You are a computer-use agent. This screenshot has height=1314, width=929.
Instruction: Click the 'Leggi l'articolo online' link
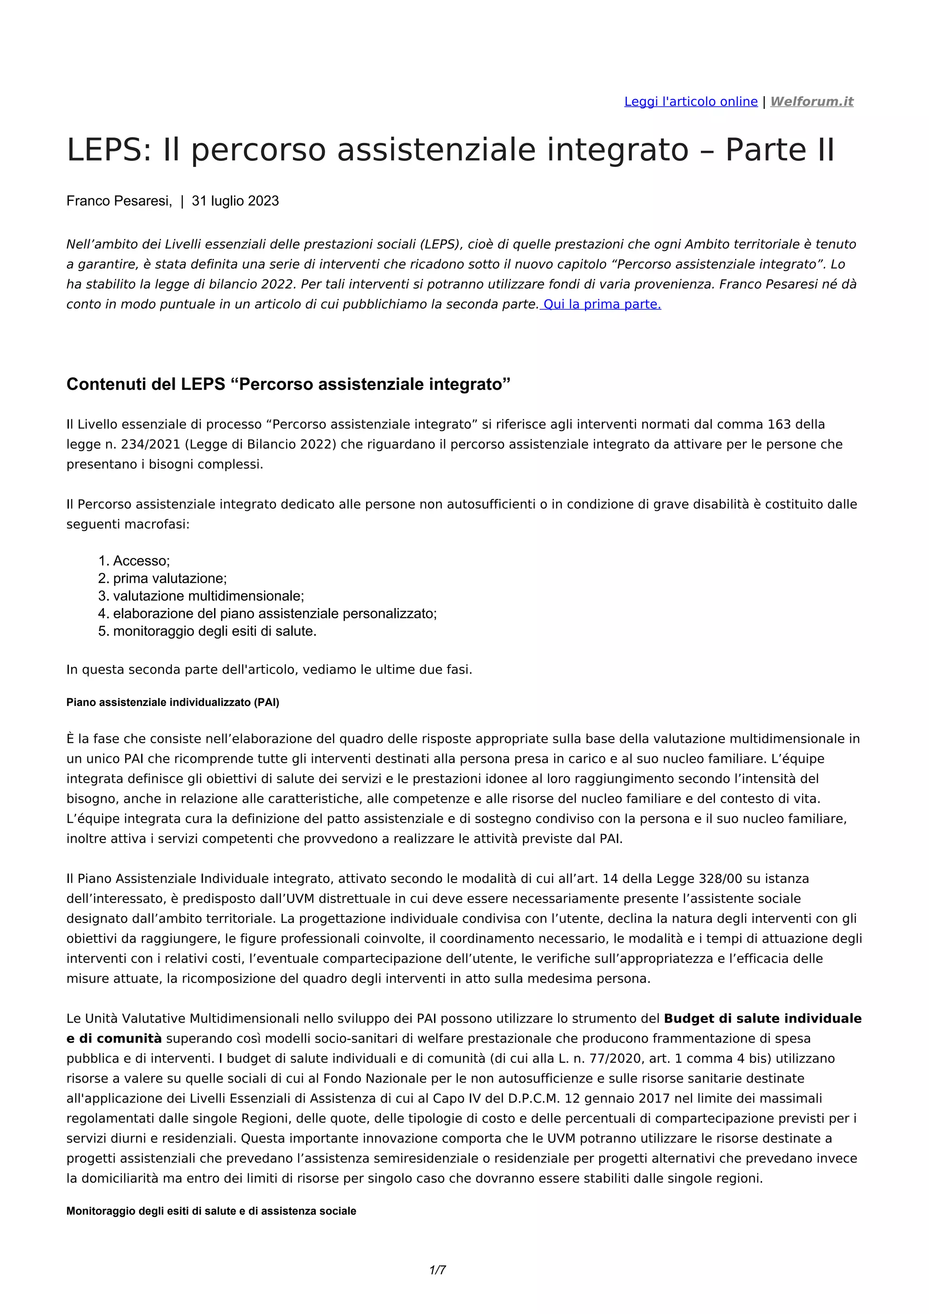(690, 102)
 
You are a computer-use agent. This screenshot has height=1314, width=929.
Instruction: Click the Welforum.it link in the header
(811, 102)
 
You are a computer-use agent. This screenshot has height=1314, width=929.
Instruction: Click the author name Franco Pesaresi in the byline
(118, 201)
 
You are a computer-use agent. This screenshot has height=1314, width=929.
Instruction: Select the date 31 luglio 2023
(235, 201)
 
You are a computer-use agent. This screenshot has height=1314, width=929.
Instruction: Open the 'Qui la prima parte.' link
(601, 304)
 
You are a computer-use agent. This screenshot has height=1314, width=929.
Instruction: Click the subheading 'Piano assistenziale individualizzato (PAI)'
(173, 703)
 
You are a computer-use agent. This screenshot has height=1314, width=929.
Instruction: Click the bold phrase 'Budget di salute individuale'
(762, 1019)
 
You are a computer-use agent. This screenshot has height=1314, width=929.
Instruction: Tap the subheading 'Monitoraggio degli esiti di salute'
(211, 1211)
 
